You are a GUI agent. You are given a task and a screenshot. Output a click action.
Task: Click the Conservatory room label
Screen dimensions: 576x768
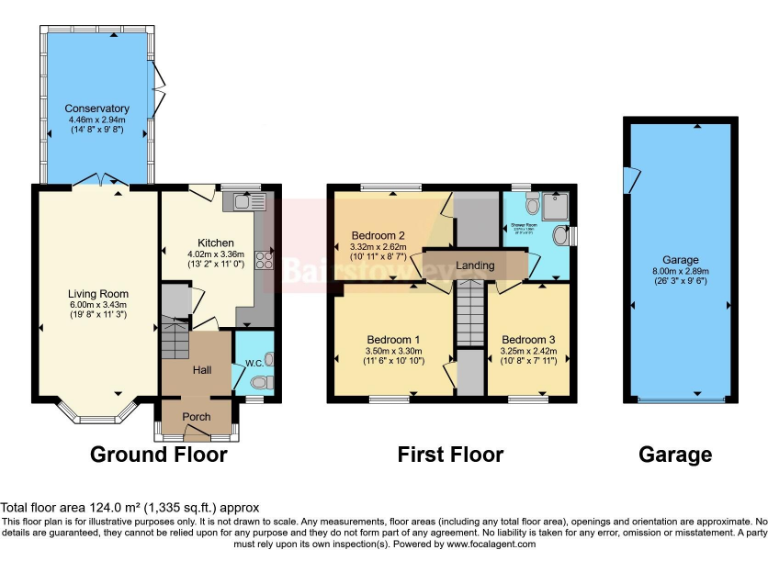pos(97,108)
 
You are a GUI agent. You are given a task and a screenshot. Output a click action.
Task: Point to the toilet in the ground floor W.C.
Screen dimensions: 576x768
pos(262,381)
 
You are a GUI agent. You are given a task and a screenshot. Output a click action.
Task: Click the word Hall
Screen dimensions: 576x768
pos(201,371)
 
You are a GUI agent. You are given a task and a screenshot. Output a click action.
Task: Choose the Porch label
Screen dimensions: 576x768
pos(195,417)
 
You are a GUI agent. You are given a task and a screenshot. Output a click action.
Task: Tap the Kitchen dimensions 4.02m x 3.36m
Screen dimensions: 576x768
pos(215,255)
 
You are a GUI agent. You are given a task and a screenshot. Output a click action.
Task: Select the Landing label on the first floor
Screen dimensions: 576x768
pos(476,265)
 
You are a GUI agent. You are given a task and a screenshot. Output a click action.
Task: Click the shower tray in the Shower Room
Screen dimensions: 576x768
pos(553,205)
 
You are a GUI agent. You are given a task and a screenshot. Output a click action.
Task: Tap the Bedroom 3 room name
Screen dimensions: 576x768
pos(528,339)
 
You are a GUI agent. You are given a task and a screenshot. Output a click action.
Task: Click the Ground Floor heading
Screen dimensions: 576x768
pos(159,455)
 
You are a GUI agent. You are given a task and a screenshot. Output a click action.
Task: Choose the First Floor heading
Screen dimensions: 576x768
pos(450,455)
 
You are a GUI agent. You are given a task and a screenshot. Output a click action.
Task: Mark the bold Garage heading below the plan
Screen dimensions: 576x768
pos(675,455)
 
